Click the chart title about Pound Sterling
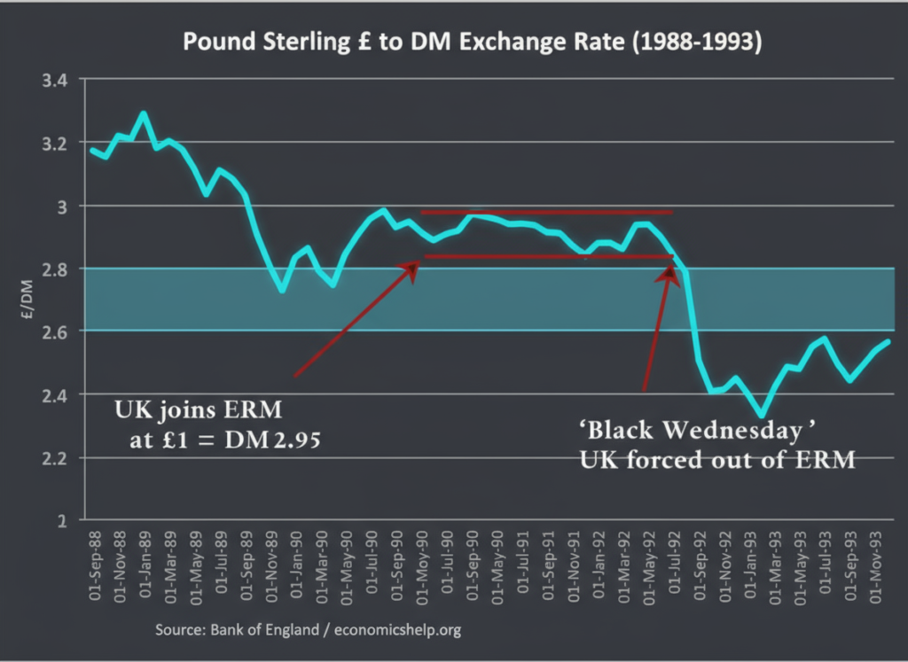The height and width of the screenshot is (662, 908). pyautogui.click(x=472, y=43)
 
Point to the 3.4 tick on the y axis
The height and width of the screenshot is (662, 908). pyautogui.click(x=56, y=80)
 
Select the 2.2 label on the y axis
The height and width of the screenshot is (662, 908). pyautogui.click(x=56, y=458)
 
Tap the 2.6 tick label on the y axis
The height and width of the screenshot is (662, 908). pyautogui.click(x=56, y=331)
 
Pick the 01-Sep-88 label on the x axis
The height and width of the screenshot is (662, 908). pyautogui.click(x=95, y=566)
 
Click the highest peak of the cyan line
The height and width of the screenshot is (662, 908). pyautogui.click(x=144, y=113)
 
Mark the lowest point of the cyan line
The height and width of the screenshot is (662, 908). pyautogui.click(x=760, y=415)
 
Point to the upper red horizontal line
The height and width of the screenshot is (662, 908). pyautogui.click(x=546, y=213)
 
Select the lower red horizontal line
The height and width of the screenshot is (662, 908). pyautogui.click(x=546, y=257)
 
